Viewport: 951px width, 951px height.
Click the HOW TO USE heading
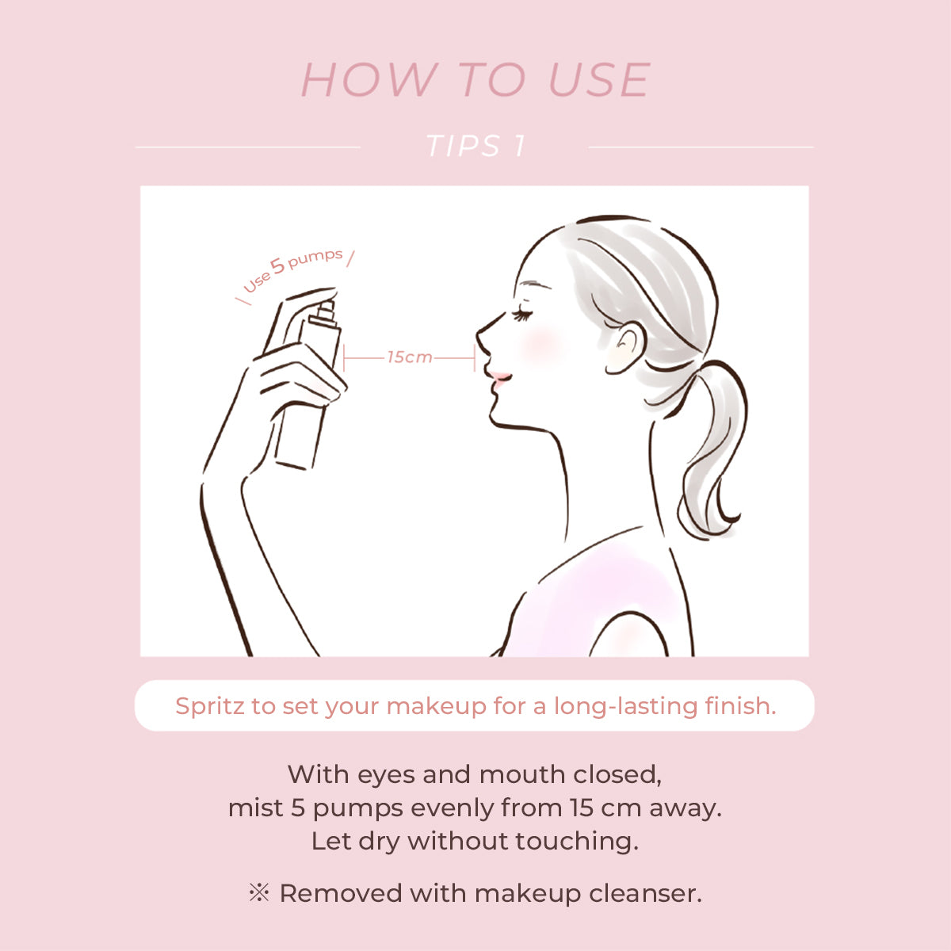[x=475, y=80]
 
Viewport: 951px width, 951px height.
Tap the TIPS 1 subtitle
[x=476, y=146]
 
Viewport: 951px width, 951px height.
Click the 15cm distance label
[x=409, y=357]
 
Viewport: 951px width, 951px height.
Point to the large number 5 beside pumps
[x=278, y=265]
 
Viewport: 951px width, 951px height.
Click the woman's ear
[x=624, y=347]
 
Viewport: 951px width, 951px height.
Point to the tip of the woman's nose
[x=478, y=334]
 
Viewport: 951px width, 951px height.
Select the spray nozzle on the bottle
[x=327, y=309]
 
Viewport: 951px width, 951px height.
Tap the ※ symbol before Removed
[x=259, y=893]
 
